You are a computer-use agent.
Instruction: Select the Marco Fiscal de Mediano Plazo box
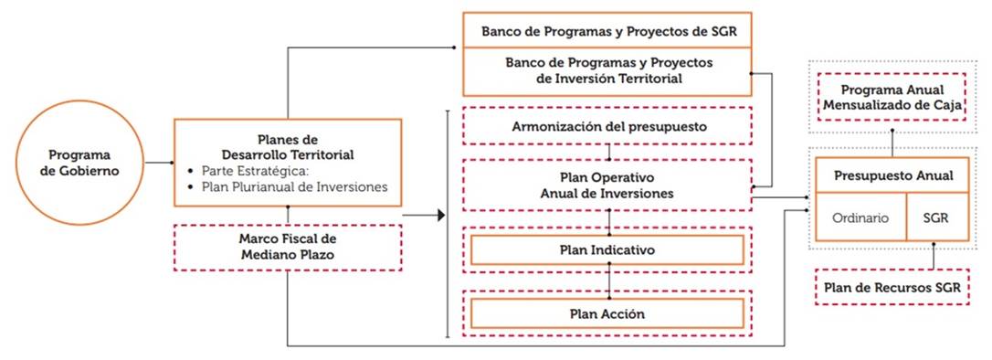[x=288, y=248]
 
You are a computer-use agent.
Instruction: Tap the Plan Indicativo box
[x=607, y=250]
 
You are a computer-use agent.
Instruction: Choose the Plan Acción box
[x=607, y=313]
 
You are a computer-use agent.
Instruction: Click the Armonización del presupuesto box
[x=607, y=126]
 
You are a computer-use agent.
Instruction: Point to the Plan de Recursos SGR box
[x=892, y=287]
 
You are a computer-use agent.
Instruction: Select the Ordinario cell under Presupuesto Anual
[x=860, y=217]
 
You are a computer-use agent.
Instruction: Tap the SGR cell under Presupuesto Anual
[x=937, y=217]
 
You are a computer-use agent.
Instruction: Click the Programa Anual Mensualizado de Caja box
[x=892, y=97]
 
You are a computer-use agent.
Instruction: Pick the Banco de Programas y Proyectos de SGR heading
[x=608, y=31]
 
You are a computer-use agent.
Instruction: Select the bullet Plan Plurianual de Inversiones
[x=294, y=187]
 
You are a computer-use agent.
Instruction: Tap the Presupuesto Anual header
[x=892, y=175]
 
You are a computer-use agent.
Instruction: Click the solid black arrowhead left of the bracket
[x=441, y=216]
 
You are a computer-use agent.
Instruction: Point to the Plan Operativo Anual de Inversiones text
[x=607, y=185]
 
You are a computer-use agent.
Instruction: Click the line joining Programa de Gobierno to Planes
[x=159, y=163]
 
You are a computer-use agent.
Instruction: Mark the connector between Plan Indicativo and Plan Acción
[x=608, y=281]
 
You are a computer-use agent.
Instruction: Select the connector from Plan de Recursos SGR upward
[x=934, y=255]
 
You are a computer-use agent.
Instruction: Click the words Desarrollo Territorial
[x=288, y=154]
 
